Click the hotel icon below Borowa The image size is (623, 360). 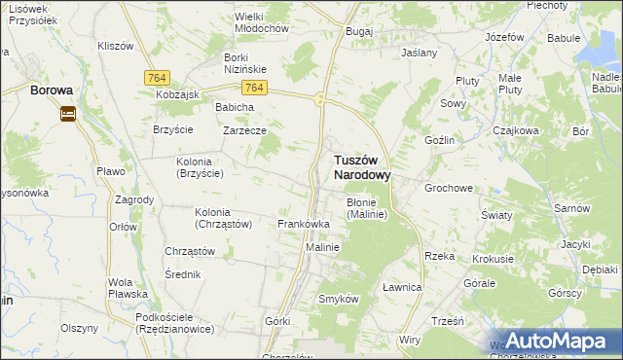[x=67, y=114]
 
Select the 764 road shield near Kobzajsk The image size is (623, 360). [x=156, y=77]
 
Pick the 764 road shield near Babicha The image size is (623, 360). [x=255, y=88]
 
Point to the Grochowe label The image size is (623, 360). [x=448, y=188]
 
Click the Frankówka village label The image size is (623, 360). [x=304, y=224]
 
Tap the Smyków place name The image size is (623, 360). [x=339, y=299]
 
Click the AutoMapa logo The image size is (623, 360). [x=556, y=341]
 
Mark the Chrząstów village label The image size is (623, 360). [x=189, y=250]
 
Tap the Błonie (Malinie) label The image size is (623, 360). [x=367, y=208]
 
